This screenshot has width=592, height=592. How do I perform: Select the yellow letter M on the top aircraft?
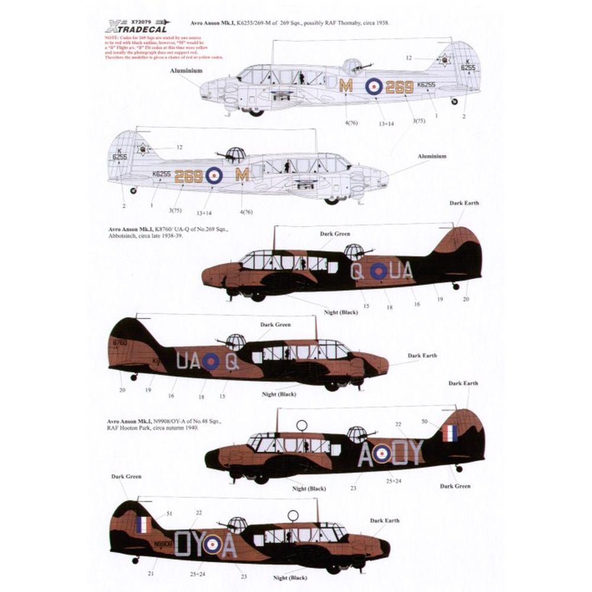pyautogui.click(x=346, y=86)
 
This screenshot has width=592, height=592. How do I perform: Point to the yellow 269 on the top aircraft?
pyautogui.click(x=399, y=88)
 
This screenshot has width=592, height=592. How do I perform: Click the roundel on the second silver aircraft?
pyautogui.click(x=214, y=175)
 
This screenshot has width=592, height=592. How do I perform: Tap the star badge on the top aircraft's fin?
pyautogui.click(x=444, y=60)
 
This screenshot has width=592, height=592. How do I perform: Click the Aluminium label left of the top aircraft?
pyautogui.click(x=186, y=70)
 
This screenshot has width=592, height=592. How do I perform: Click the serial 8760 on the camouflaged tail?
pyautogui.click(x=120, y=343)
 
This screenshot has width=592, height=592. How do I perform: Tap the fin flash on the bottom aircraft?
pyautogui.click(x=142, y=525)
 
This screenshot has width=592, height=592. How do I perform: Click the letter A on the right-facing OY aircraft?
pyautogui.click(x=367, y=455)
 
